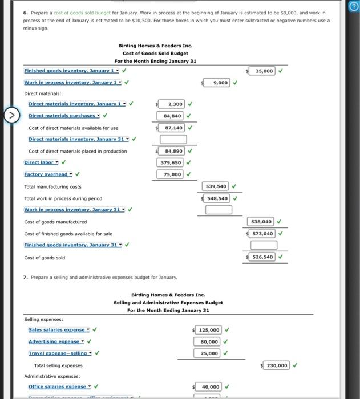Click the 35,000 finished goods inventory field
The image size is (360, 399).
point(264,71)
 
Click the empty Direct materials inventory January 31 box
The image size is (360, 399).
point(173,139)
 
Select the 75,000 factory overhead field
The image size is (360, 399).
point(171,174)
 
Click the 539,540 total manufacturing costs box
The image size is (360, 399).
point(216,186)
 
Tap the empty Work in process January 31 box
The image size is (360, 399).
point(219,210)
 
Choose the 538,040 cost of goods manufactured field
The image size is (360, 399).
point(262,222)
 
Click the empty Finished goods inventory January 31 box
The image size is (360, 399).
point(264,245)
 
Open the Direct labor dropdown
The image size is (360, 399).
point(41,162)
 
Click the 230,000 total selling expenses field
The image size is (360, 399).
point(277,365)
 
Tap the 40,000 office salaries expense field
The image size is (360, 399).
point(210,386)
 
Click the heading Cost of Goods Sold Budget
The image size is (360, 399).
point(155,54)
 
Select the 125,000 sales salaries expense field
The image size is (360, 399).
point(209,330)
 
